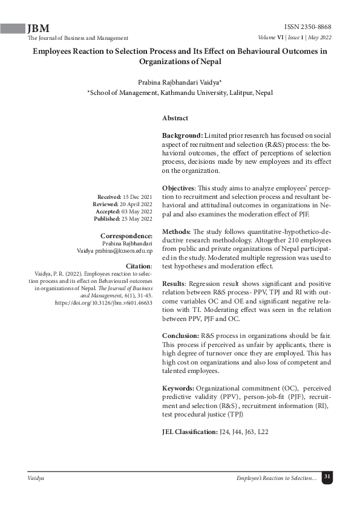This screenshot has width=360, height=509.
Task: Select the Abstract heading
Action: [x=175, y=118]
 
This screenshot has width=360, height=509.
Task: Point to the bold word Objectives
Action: [x=182, y=189]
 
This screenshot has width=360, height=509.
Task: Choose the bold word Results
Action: [x=175, y=284]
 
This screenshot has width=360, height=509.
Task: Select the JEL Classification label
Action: [x=189, y=432]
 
